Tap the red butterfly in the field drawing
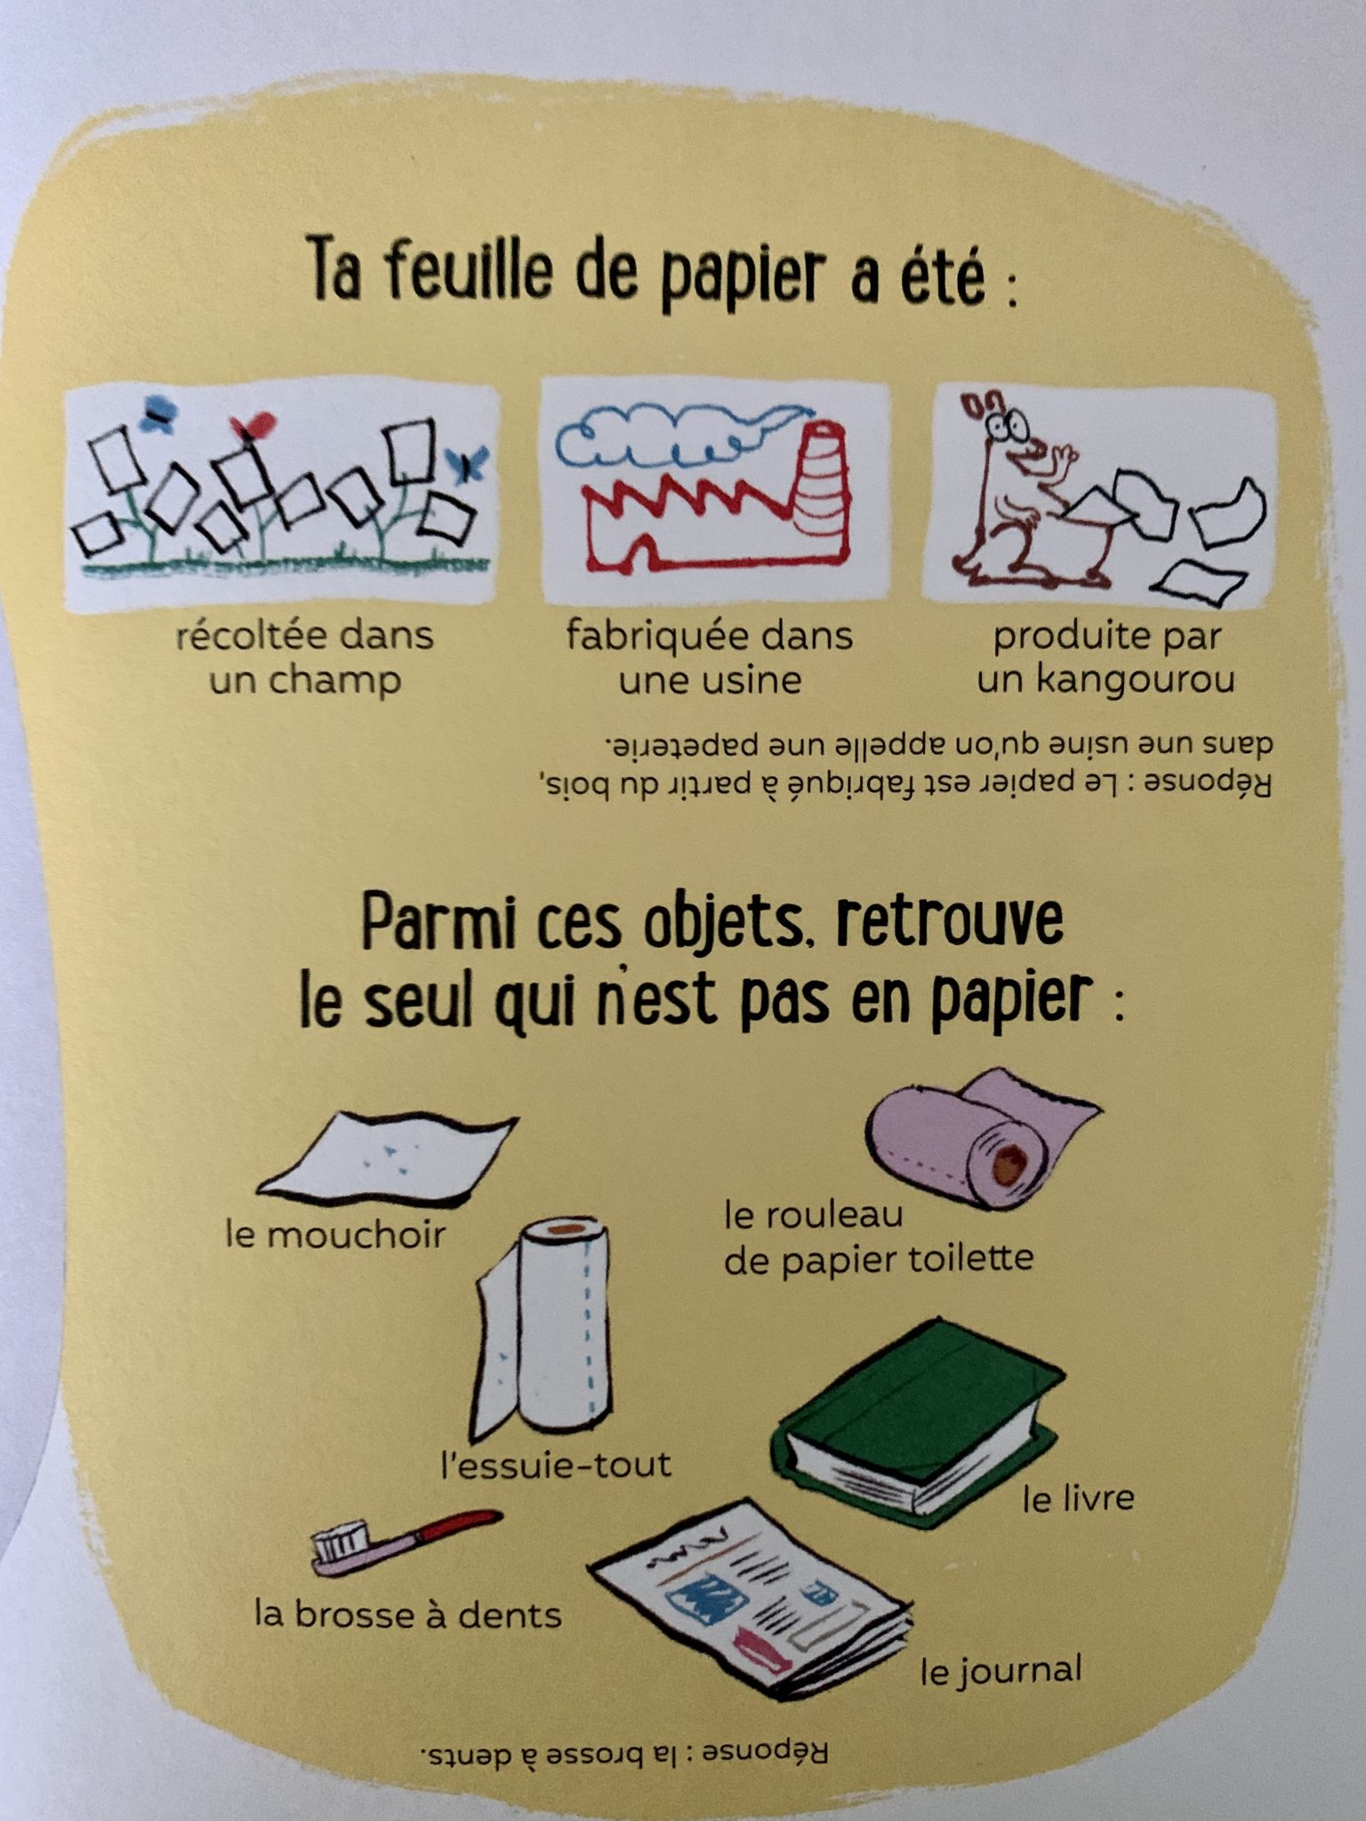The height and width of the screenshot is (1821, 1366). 252,425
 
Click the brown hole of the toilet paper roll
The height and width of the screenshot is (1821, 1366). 1009,1164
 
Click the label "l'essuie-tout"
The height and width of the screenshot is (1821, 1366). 556,1464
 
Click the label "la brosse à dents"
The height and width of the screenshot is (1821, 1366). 408,1614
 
